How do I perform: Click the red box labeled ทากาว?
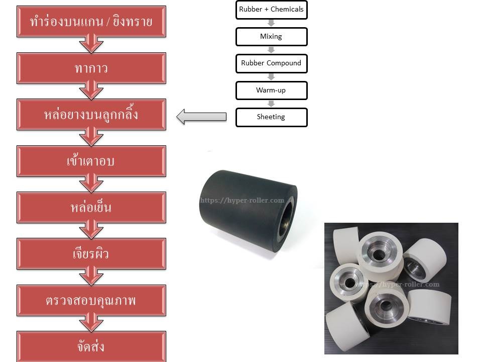(91, 68)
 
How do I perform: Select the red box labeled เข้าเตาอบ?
(91, 161)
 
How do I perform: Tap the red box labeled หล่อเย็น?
(91, 207)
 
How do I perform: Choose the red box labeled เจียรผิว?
(91, 254)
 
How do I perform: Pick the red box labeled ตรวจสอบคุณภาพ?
(91, 301)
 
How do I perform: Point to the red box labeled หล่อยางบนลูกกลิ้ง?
(91, 115)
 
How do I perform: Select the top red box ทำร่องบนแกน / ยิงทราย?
(91, 22)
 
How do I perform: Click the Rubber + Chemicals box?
(271, 10)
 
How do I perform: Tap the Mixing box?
(271, 37)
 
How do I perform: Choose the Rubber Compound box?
(271, 63)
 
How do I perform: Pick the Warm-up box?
(271, 90)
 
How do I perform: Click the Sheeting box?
(271, 117)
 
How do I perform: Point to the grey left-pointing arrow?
(201, 117)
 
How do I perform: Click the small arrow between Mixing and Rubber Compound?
(271, 50)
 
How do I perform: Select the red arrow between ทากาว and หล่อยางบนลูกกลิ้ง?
(91, 91)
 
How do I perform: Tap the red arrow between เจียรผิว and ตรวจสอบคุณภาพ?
(91, 277)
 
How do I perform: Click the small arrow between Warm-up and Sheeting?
(271, 104)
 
